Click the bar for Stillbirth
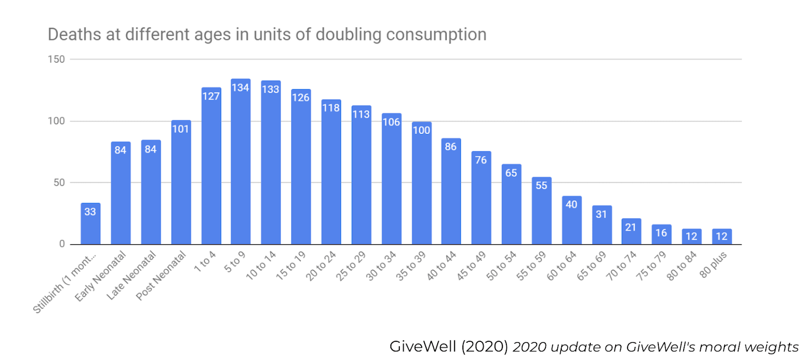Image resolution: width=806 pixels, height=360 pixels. [90, 224]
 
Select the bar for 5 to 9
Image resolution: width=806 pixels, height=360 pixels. [241, 162]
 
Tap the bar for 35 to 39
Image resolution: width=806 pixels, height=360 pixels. [422, 183]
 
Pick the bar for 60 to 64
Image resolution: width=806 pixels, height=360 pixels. [572, 220]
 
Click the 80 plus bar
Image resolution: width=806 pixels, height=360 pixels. [722, 237]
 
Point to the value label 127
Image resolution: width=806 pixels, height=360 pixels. [211, 96]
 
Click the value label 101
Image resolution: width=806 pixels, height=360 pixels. [181, 129]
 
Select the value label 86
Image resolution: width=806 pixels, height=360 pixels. [450, 147]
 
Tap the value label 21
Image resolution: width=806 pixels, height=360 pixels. [631, 227]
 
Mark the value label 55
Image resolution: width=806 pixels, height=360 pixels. [541, 186]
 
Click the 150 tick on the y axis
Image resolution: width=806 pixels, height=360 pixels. [56, 59]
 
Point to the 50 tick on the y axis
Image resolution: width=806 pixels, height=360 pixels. [59, 183]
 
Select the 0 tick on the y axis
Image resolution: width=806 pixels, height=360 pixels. [62, 244]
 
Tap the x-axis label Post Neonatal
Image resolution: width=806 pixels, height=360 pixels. [161, 276]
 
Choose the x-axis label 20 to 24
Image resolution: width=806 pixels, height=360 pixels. [321, 266]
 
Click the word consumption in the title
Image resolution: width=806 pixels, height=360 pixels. [436, 35]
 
